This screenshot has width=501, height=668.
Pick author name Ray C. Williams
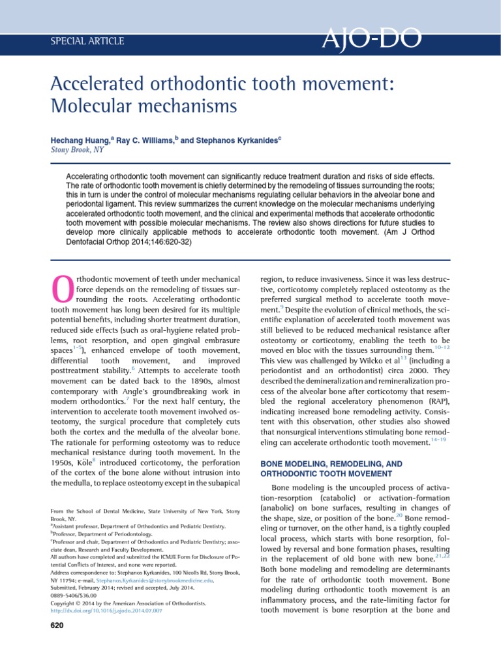pos(139,140)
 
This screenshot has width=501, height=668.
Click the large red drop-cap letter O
pos(61,288)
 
